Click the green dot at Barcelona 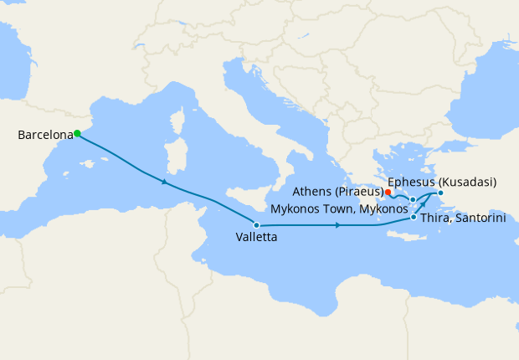tap(76, 133)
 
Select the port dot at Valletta tap(256, 225)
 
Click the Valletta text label tap(255, 238)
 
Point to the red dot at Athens tap(388, 192)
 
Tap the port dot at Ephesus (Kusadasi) tap(440, 193)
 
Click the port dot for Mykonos tap(413, 199)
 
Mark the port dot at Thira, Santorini tap(414, 218)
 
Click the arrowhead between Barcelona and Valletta tap(166, 183)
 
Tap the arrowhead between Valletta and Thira tap(337, 225)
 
